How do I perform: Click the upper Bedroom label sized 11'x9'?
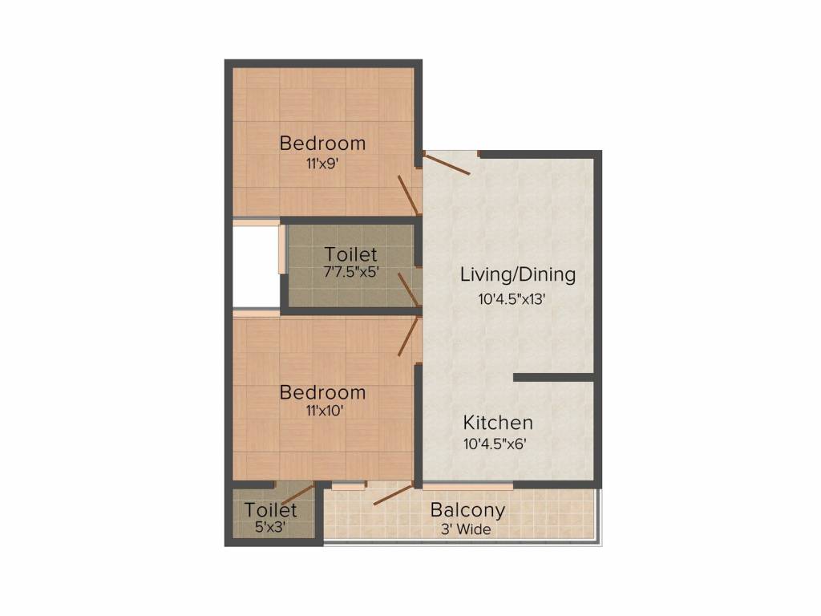(322, 144)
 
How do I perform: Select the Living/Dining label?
(518, 274)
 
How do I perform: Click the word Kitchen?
(498, 423)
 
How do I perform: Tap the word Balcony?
(468, 510)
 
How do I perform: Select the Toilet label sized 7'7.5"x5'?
(350, 255)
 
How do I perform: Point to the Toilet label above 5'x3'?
(271, 510)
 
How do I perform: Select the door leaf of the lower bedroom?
(408, 338)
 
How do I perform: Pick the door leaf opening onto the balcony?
(394, 495)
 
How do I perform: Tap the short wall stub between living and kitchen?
(553, 377)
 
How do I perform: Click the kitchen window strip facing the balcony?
(467, 485)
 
